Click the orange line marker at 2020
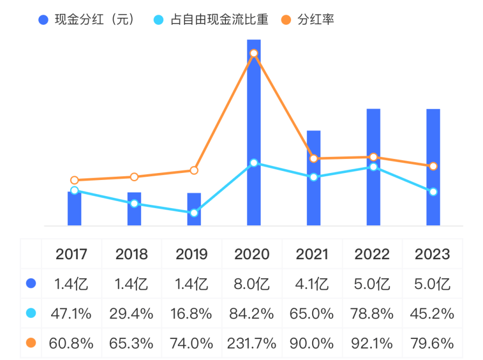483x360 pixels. (254, 53)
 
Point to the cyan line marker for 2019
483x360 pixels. (194, 213)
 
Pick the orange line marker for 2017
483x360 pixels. (74, 180)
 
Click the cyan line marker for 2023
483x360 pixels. (433, 192)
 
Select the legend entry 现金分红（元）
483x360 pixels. (86, 20)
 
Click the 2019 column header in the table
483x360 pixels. (192, 254)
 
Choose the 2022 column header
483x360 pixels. (372, 254)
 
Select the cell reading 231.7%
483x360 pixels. (252, 342)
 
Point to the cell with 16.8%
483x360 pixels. (192, 313)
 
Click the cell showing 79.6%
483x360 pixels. (432, 342)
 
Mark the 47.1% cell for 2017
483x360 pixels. (72, 313)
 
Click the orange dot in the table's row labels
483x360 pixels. (31, 342)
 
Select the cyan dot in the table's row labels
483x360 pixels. (31, 313)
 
